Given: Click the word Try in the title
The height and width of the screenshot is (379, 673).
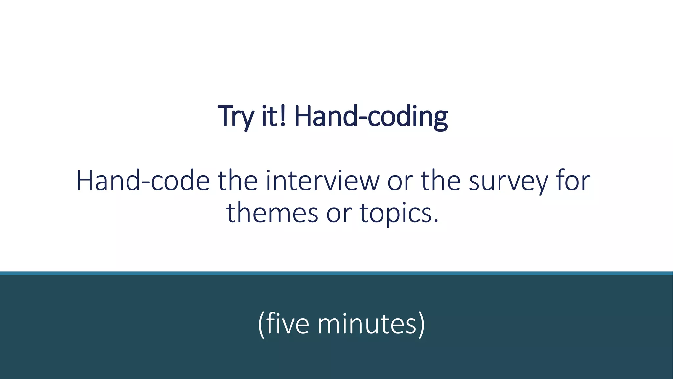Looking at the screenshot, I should click(235, 116).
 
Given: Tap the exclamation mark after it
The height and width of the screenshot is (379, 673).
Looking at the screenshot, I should click(283, 116).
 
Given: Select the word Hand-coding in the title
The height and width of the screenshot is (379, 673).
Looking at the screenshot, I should click(370, 116).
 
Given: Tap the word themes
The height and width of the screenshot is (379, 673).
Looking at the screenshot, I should click(272, 213).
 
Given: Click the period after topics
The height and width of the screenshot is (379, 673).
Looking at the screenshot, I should click(436, 221).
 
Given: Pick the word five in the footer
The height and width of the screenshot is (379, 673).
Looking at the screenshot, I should click(288, 324).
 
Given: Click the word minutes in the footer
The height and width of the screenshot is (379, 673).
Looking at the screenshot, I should click(367, 324).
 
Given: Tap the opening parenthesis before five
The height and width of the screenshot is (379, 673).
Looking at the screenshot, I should click(261, 324).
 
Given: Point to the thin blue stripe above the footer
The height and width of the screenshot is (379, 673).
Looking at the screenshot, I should click(336, 273).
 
